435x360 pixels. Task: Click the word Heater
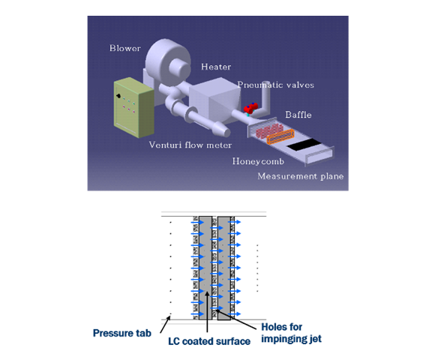click(x=217, y=67)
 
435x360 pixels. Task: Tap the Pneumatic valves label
click(x=275, y=85)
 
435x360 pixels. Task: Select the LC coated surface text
click(x=198, y=342)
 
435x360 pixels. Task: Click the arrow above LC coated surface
click(x=206, y=315)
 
